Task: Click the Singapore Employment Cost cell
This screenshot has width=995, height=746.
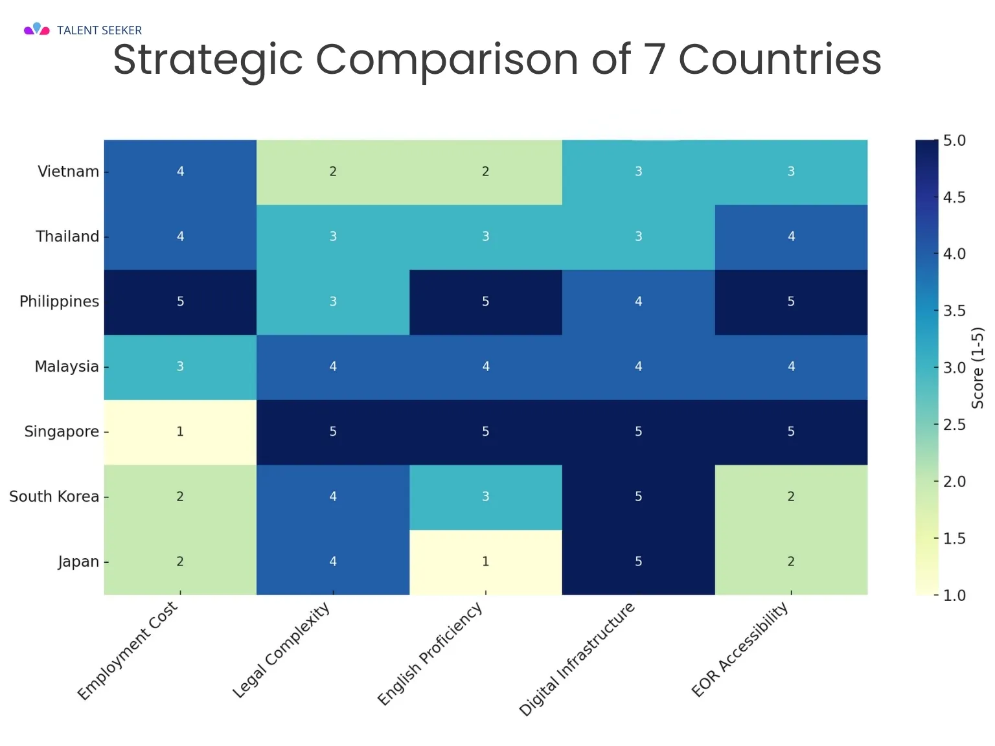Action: pos(180,432)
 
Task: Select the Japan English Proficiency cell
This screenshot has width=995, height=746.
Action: pos(485,562)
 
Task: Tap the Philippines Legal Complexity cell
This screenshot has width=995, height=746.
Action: pos(333,302)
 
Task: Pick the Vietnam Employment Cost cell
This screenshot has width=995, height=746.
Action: pos(180,172)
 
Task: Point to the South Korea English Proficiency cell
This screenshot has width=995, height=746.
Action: pos(485,497)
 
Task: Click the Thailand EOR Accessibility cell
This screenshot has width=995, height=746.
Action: pos(791,237)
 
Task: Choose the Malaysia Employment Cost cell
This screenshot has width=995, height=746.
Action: pos(180,367)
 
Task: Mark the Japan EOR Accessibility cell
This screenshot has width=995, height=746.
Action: pos(791,562)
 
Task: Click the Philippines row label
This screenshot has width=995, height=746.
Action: pos(60,302)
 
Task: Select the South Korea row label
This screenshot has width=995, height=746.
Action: pos(54,497)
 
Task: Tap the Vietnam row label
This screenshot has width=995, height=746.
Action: pos(69,172)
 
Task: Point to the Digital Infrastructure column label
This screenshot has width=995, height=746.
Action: pos(577,659)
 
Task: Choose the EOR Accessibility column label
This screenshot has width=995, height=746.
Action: pos(739,650)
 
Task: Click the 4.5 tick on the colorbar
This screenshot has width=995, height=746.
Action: pos(954,198)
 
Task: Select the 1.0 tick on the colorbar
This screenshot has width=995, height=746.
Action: pos(954,596)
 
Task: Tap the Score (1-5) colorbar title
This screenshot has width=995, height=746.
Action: pos(978,368)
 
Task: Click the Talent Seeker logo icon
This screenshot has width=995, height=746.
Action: pos(37,29)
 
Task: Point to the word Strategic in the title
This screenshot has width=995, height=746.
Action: pos(208,60)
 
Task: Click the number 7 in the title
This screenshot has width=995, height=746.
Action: pos(654,59)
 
